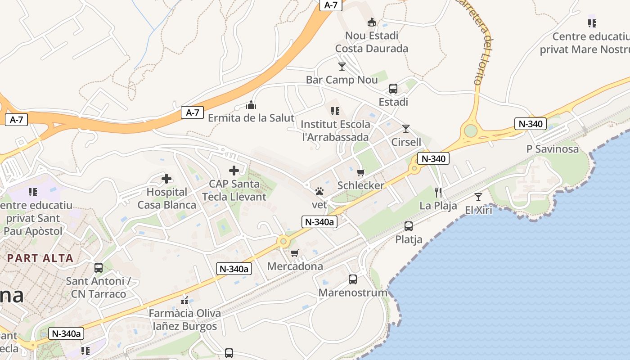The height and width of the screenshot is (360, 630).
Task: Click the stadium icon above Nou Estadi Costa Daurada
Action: point(372,22)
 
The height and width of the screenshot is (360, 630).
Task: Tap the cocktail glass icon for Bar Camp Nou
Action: point(342,67)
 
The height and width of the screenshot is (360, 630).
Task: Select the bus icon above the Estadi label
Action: point(393,89)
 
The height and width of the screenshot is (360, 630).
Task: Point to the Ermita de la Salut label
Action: point(251,118)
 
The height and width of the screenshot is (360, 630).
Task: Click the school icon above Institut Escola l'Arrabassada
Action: point(335,111)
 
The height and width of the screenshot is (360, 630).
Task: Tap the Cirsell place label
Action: point(406,142)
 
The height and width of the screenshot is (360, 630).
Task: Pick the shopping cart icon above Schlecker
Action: point(360,172)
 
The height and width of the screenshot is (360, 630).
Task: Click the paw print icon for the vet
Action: point(319,192)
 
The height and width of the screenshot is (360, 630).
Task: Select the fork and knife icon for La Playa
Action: point(438,193)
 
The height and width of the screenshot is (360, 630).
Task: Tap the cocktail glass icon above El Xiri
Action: point(478,197)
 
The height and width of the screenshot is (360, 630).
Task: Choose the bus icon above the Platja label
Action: point(409,226)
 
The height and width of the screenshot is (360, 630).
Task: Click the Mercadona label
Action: point(295,266)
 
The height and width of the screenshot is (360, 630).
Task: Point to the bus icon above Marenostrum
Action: point(353,279)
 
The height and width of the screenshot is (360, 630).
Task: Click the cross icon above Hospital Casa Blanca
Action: point(166,179)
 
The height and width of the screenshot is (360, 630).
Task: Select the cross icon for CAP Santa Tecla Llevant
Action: point(234,171)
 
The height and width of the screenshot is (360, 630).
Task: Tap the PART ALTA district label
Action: point(40,258)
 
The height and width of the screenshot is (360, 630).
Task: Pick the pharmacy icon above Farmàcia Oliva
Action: point(184,300)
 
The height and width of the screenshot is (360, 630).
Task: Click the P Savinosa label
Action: point(553,149)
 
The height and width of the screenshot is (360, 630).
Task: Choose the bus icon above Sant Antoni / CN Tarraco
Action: point(99,268)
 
